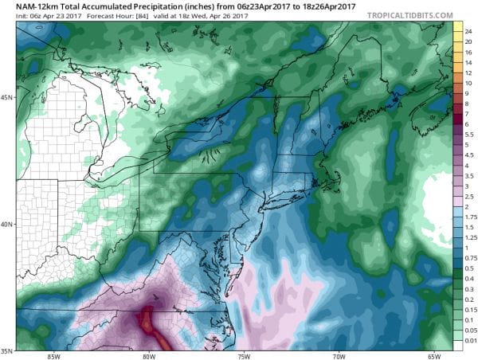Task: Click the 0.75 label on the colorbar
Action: (x=470, y=257)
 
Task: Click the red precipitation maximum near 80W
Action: (x=148, y=323)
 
